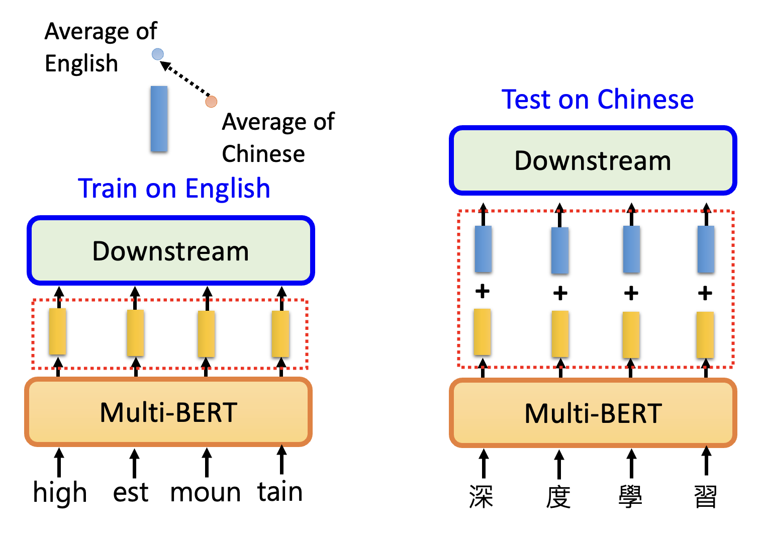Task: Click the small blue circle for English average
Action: (x=158, y=54)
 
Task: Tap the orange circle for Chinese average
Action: (x=211, y=102)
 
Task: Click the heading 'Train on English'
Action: (x=174, y=189)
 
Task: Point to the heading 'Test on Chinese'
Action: (x=597, y=99)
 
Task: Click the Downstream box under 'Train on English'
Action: (x=171, y=250)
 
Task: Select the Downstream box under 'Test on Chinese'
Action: (x=593, y=160)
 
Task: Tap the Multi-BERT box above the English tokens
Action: (x=168, y=412)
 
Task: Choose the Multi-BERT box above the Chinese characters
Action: (x=593, y=413)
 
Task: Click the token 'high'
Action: (x=60, y=493)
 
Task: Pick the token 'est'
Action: (x=131, y=493)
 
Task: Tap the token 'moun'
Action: (x=205, y=493)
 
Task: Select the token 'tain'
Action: (x=280, y=492)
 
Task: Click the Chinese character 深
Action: (x=481, y=497)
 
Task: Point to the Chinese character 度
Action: (x=558, y=497)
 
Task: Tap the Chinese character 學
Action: (x=630, y=497)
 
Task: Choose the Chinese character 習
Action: (x=706, y=497)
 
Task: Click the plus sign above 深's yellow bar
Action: (x=483, y=291)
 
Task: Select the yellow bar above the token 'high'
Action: (x=58, y=332)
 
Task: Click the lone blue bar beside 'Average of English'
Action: (x=159, y=119)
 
